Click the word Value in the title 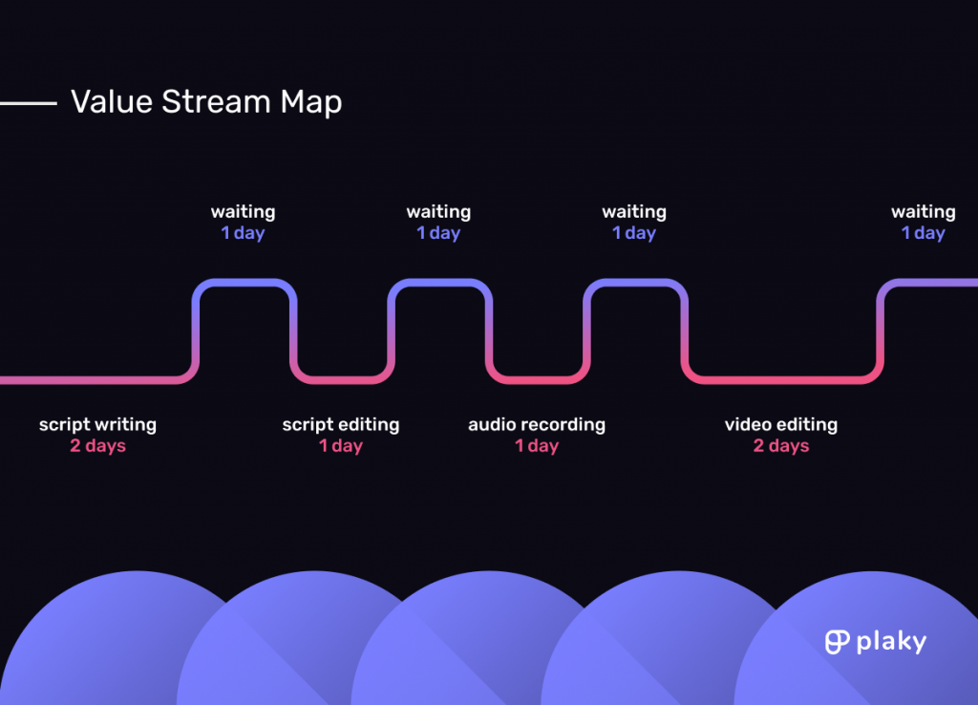click(112, 101)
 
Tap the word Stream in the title click(216, 101)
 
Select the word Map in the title click(311, 103)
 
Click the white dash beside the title click(28, 103)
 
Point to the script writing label click(98, 425)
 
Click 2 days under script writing click(98, 445)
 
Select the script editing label click(341, 425)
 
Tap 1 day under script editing click(341, 445)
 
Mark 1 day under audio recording click(537, 445)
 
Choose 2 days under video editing click(781, 445)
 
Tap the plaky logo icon click(837, 642)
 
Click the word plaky click(891, 642)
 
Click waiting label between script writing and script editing click(244, 212)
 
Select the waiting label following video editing click(924, 212)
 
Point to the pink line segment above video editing click(782, 380)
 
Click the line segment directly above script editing click(341, 380)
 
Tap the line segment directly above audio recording click(537, 380)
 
